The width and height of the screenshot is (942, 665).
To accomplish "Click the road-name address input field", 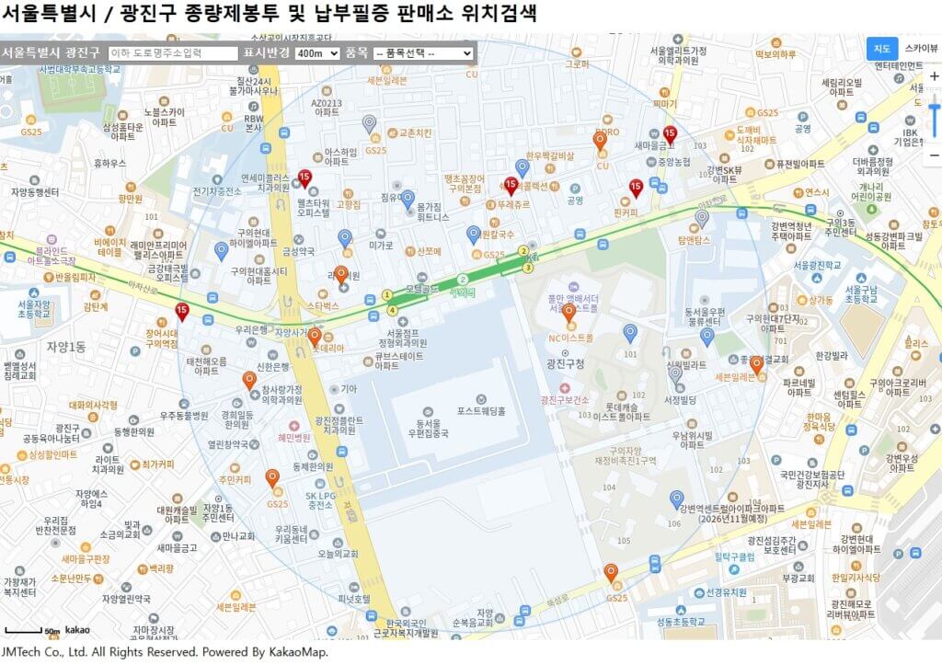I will click(173, 53).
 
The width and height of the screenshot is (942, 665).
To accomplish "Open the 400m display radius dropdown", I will click(317, 53).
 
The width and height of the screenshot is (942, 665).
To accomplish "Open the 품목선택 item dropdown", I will click(423, 53).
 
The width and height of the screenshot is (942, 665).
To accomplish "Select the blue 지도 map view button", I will click(881, 48).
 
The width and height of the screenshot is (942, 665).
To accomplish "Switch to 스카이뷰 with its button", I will click(921, 48).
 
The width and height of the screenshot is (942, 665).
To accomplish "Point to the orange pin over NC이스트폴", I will click(569, 314).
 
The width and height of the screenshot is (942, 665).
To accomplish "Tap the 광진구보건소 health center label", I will click(565, 400).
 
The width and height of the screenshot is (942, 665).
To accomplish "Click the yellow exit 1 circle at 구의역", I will click(387, 295).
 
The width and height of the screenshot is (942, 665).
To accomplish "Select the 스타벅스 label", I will click(323, 304).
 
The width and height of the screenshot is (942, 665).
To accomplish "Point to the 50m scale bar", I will click(24, 631).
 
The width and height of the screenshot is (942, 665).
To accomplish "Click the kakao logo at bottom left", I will click(77, 630).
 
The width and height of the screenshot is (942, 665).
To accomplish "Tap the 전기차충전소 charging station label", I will click(217, 191).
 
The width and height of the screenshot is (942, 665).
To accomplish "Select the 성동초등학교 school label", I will click(680, 622).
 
